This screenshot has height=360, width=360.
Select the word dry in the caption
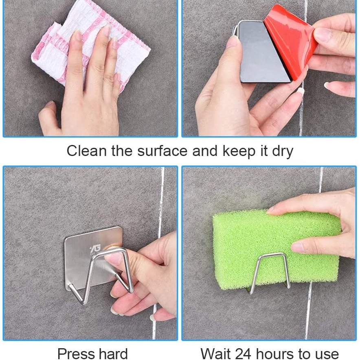[283, 152]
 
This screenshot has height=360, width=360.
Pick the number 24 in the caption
[244, 353]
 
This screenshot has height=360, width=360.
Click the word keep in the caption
[239, 151]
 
